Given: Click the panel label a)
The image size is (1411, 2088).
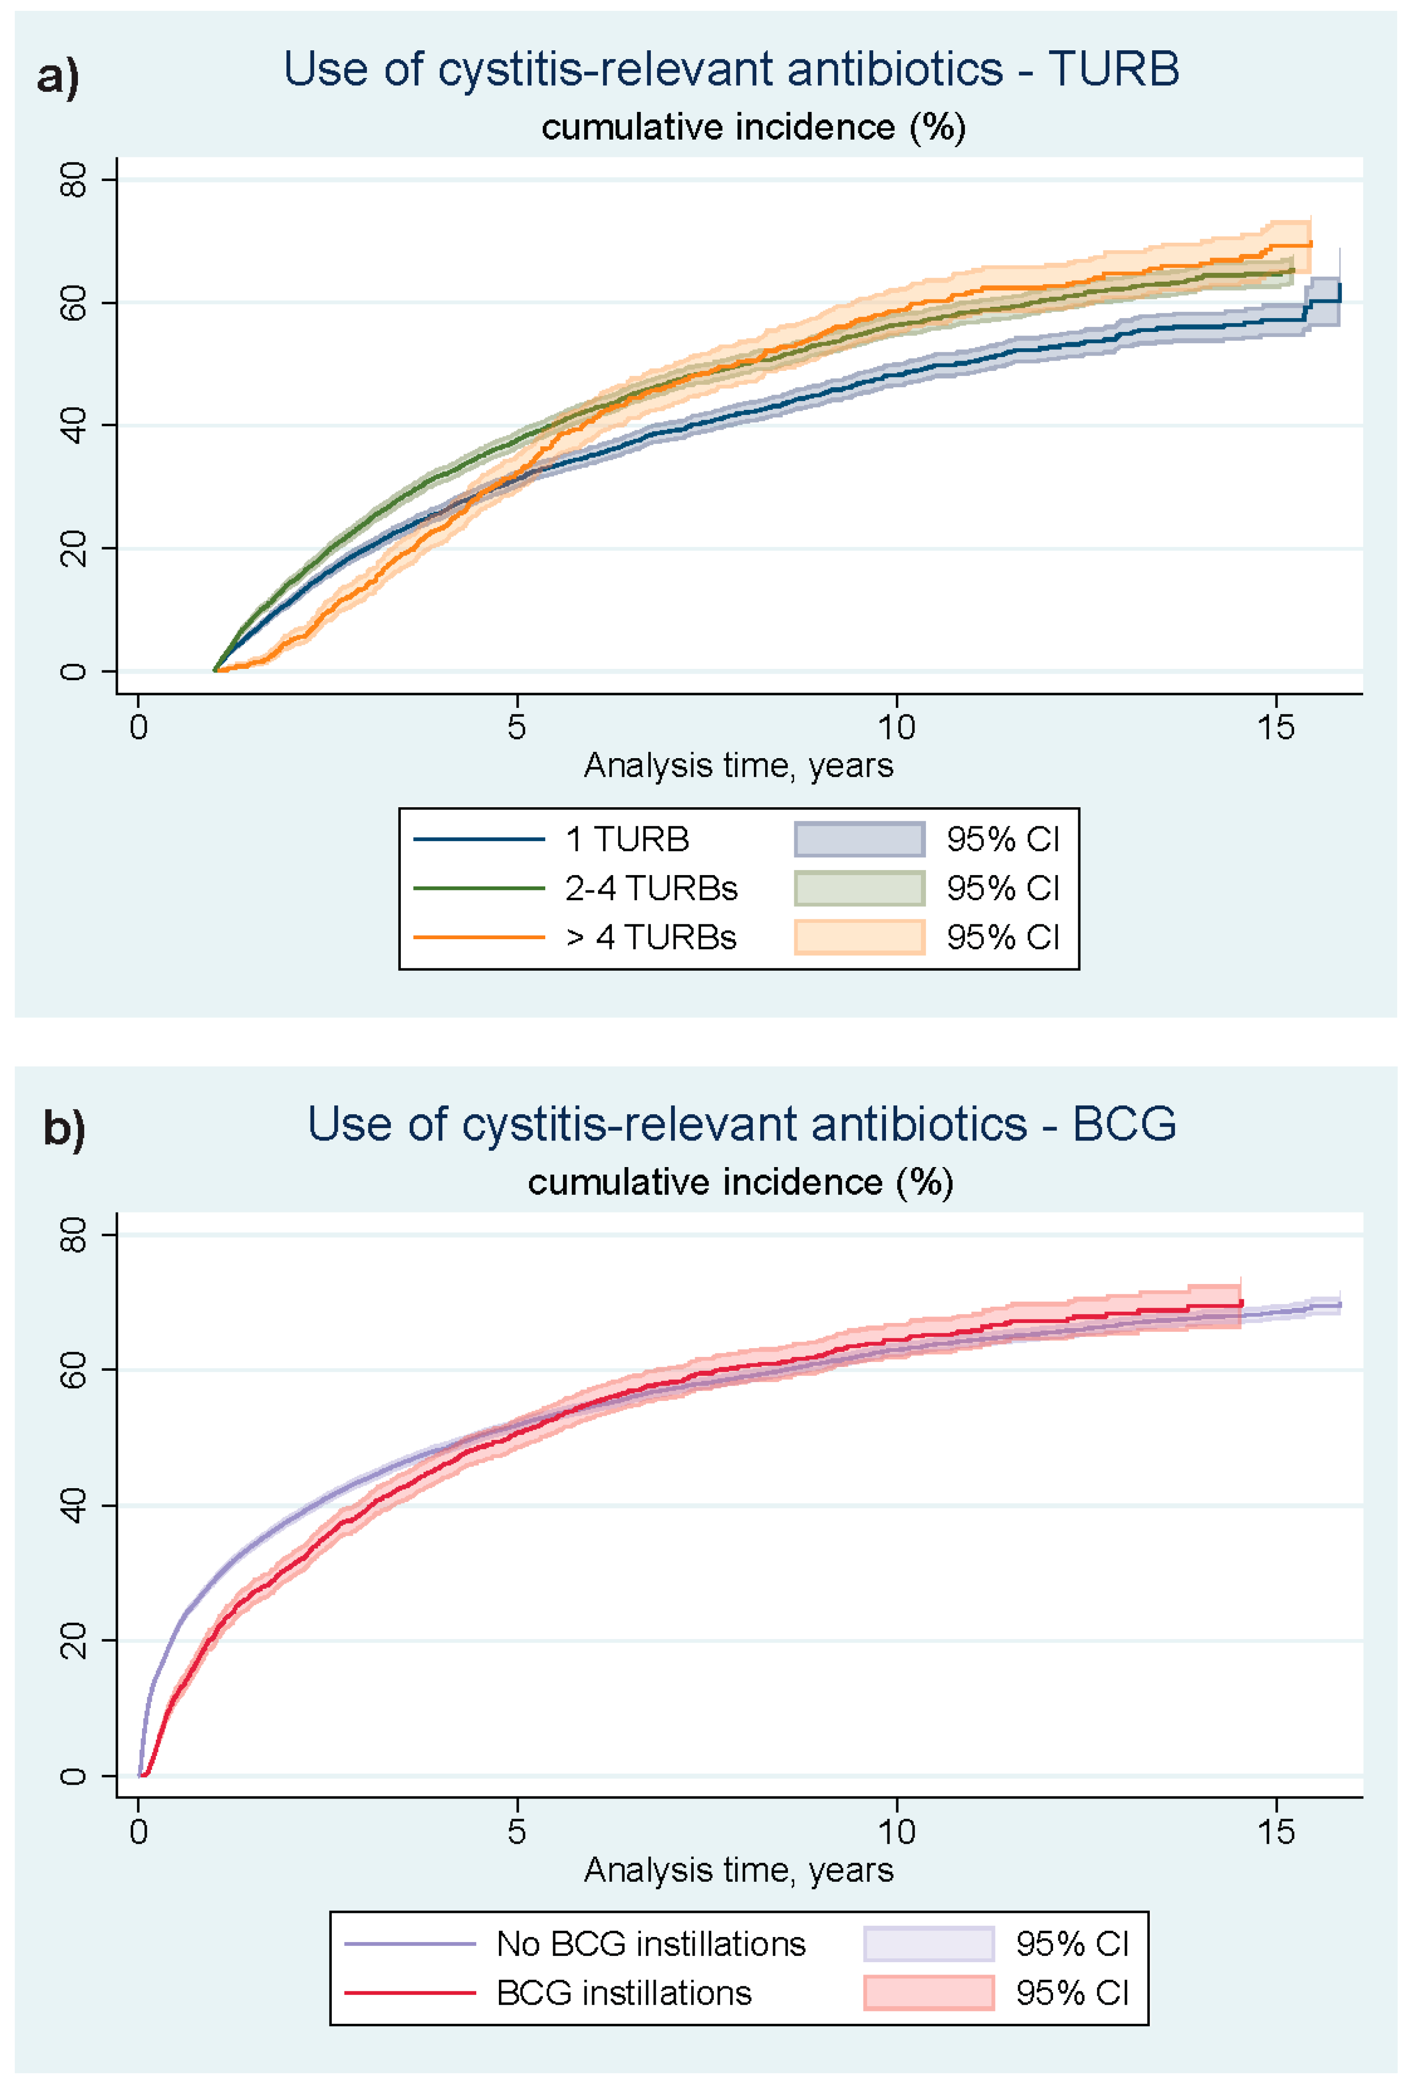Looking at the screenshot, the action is coord(58,76).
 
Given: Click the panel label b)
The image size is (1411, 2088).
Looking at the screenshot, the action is coord(65,1130).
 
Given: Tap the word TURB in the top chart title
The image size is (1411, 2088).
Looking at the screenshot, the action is coord(1114,69).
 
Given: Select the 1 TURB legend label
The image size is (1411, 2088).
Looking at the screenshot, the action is coord(627,839).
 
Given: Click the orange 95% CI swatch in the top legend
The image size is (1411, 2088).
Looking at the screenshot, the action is coord(859,937).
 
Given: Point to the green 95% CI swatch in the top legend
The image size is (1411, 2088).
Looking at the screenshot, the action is coord(859,888).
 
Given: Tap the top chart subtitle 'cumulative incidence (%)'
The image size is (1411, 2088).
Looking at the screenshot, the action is coord(753,128).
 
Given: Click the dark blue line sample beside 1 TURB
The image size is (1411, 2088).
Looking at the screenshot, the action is coord(479,839).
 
